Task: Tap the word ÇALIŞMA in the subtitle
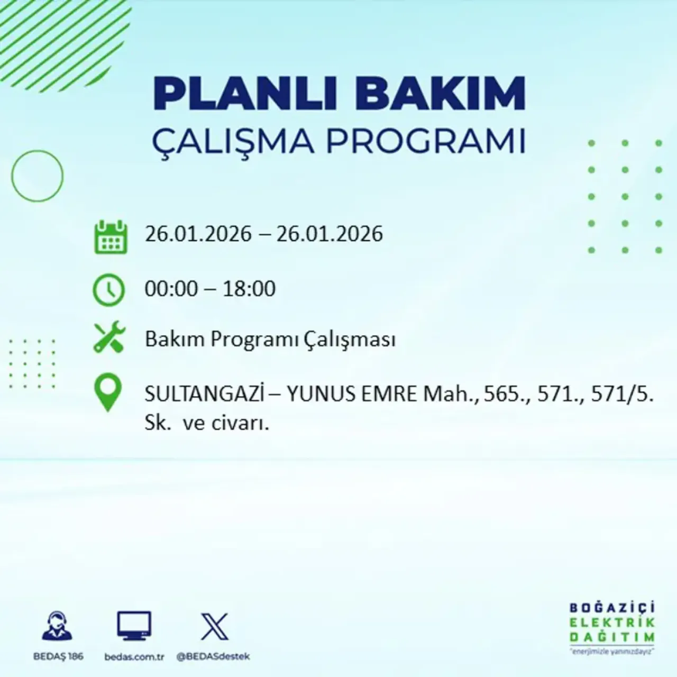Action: [233, 141]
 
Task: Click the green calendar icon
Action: [111, 237]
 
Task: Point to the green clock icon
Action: [109, 290]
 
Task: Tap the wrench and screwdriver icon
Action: [109, 338]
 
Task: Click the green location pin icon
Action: [107, 392]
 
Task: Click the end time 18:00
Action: [249, 289]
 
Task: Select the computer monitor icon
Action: [134, 627]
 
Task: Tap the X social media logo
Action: [215, 627]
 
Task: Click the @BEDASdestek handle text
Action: [213, 656]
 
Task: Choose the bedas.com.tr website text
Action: [134, 656]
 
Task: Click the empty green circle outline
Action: [37, 176]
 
